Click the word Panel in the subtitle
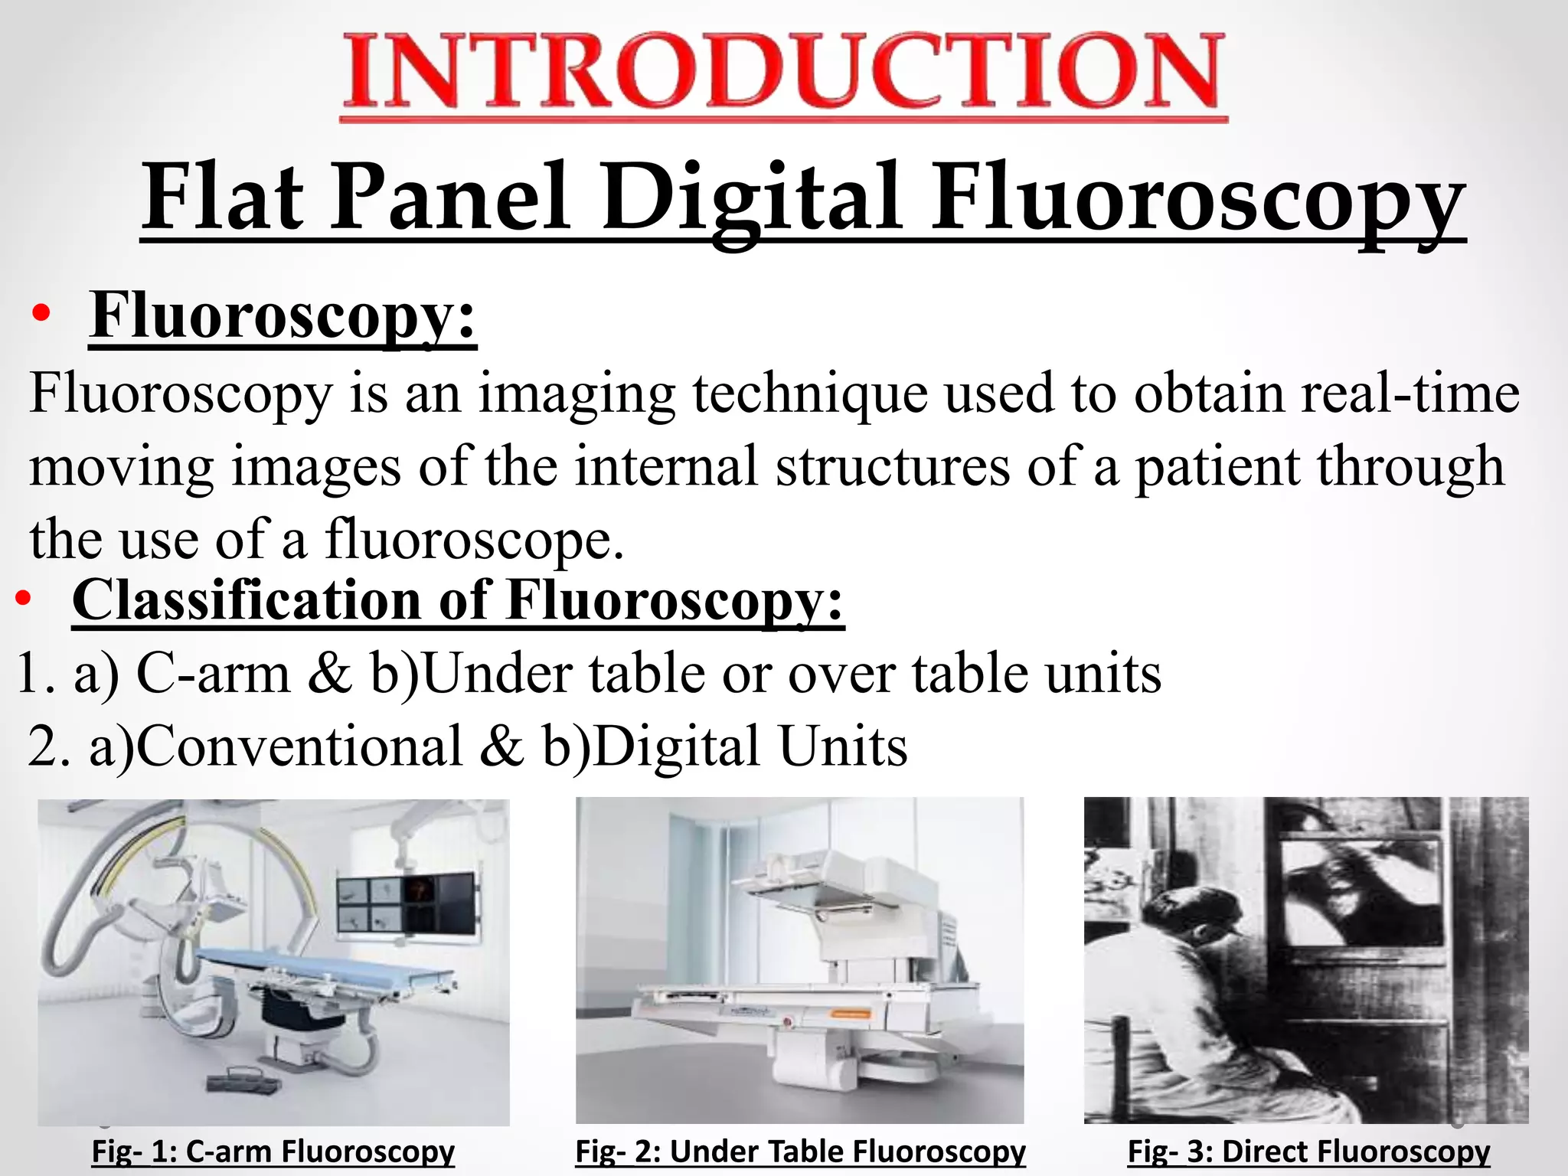[451, 198]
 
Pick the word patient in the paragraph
[1217, 467]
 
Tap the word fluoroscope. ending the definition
[475, 539]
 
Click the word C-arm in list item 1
[214, 675]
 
